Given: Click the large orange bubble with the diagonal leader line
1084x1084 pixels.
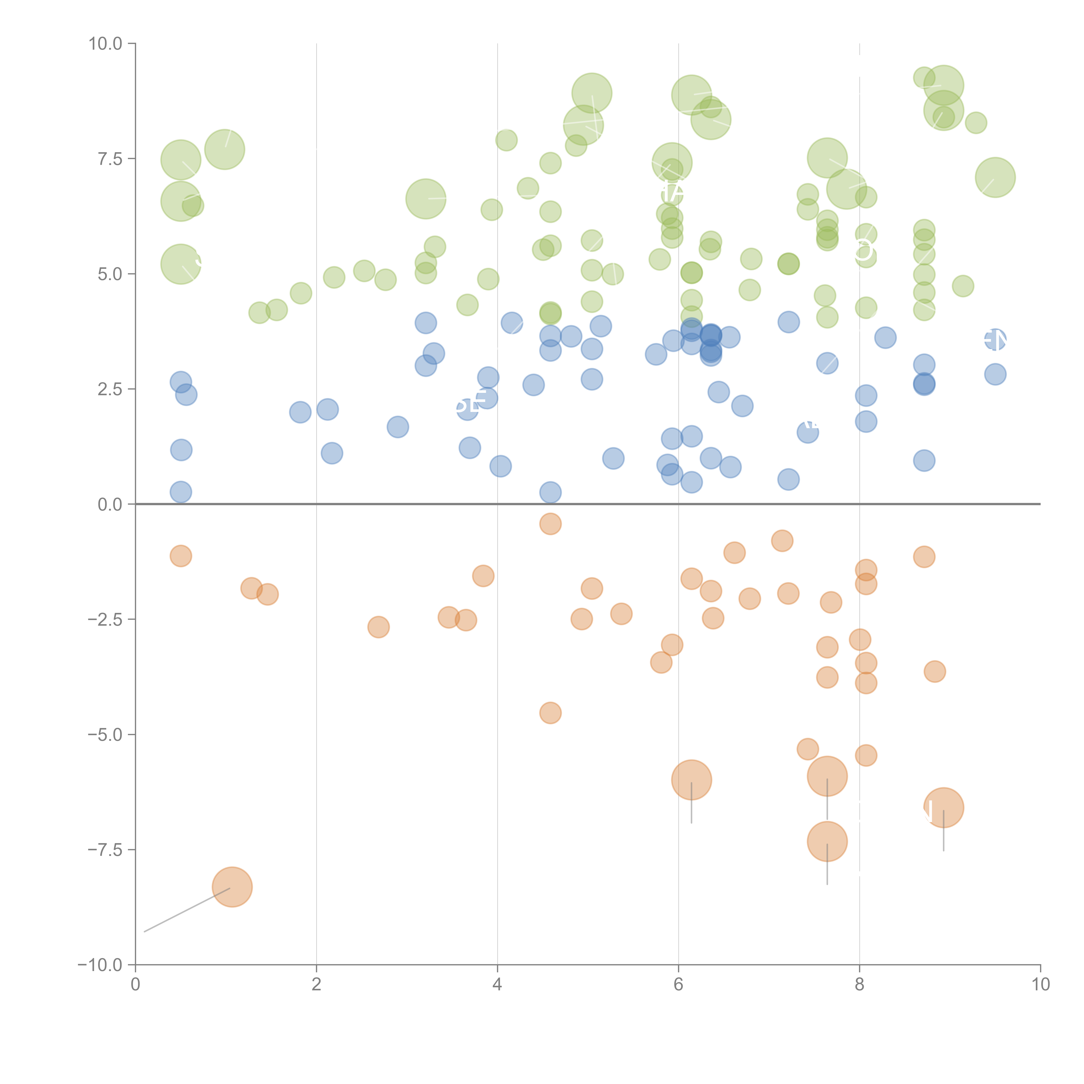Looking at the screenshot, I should pos(232,887).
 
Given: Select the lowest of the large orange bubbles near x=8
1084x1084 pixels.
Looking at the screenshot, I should pos(827,842).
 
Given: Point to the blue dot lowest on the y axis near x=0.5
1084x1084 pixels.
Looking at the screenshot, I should pos(181,492).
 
